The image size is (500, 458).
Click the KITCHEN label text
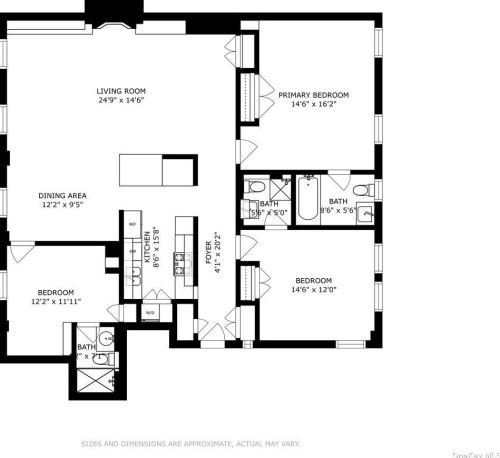[146, 245]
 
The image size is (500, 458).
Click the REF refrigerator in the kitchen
[131, 225]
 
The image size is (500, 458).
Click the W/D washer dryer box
[150, 311]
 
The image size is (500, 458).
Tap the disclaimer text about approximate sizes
[189, 442]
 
